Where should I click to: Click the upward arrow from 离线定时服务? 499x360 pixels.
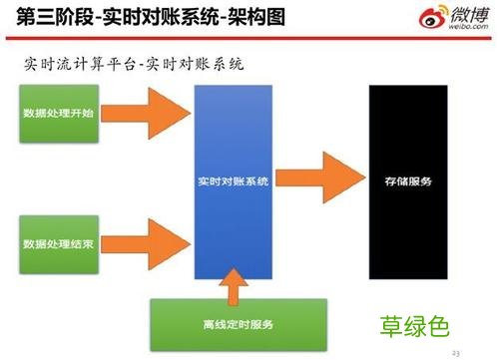[x=235, y=287]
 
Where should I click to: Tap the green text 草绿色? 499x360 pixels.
[x=416, y=326]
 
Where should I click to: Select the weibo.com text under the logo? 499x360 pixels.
[x=460, y=31]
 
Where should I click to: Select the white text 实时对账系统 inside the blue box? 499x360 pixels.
[x=235, y=182]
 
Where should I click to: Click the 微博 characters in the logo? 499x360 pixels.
[x=462, y=15]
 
